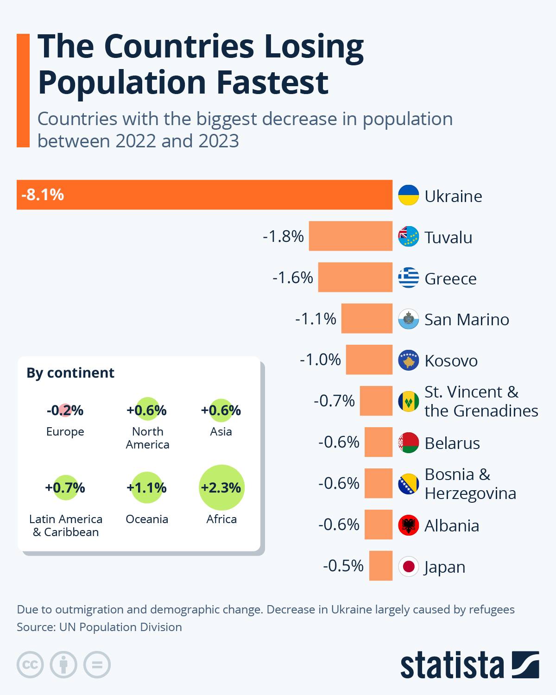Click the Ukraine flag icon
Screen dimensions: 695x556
pyautogui.click(x=408, y=196)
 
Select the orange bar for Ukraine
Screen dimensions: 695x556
pyautogui.click(x=204, y=195)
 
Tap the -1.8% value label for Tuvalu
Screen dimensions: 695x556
pyautogui.click(x=283, y=237)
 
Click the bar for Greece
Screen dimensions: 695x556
pyautogui.click(x=355, y=277)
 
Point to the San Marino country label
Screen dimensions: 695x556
pyautogui.click(x=467, y=320)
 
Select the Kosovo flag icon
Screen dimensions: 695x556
pyautogui.click(x=408, y=360)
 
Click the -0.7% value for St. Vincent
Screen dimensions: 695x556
pyautogui.click(x=334, y=401)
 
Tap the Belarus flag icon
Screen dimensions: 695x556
pyautogui.click(x=408, y=443)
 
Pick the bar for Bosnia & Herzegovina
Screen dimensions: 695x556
pyautogui.click(x=378, y=483)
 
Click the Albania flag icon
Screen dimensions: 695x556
pyautogui.click(x=408, y=525)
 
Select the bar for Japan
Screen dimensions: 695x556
pyautogui.click(x=380, y=566)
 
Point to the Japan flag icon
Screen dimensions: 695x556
pyautogui.click(x=408, y=567)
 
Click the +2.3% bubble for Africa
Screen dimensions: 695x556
pyautogui.click(x=221, y=487)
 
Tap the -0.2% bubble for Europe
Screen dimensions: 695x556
pyautogui.click(x=65, y=411)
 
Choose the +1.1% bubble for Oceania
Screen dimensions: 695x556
pyautogui.click(x=147, y=487)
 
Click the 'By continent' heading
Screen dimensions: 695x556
pyautogui.click(x=70, y=373)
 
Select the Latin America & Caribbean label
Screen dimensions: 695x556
pyautogui.click(x=66, y=525)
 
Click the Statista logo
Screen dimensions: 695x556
pyautogui.click(x=469, y=665)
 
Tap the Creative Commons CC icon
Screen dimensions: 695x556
pyautogui.click(x=30, y=665)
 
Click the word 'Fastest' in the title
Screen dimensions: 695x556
pyautogui.click(x=272, y=82)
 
